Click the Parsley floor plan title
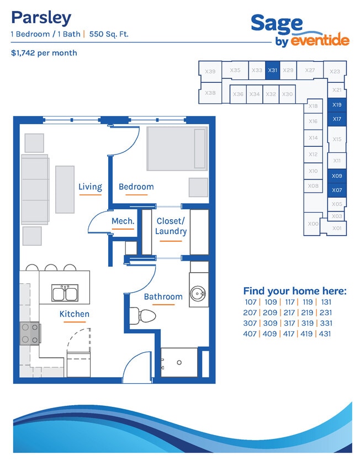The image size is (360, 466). coord(41,18)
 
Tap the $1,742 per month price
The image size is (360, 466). coord(44,53)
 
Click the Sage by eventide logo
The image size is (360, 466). coord(300,30)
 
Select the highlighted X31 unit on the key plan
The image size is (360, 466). coord(272,71)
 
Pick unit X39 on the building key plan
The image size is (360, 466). coord(210,71)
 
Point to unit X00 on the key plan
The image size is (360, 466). coord(313,224)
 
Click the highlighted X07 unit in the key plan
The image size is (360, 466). coord(337,190)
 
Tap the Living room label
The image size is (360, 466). coord(90,187)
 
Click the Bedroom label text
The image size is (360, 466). coord(136,187)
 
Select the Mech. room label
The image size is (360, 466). coord(123,221)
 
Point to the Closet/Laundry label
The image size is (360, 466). coord(171,226)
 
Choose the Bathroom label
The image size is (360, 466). coord(163,296)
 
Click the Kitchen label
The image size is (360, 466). coord(75,314)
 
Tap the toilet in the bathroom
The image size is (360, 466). coord(142,316)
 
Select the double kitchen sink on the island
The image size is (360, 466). coord(65,293)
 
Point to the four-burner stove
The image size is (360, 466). coord(30,333)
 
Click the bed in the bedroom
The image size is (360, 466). coord(177,149)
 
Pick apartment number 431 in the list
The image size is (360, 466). coord(325,333)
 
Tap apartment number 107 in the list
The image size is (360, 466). coord(251,302)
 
